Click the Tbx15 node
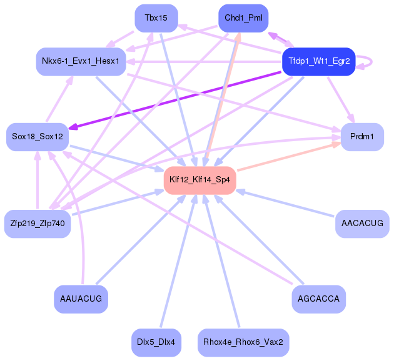pos(156,18)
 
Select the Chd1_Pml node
pos(243,18)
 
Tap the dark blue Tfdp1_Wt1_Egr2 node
pos(318,61)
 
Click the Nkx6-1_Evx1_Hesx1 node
pos(81,61)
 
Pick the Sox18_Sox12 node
pos(38,137)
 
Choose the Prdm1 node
pos(362,137)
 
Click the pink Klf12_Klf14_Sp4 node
pos(200,180)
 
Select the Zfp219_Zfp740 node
pos(38,224)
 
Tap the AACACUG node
pos(362,224)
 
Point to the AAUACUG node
pos(81,299)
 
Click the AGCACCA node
pos(318,299)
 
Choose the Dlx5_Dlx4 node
pos(156,342)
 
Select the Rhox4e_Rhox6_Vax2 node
pos(243,342)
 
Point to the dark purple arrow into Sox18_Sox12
pos(175,101)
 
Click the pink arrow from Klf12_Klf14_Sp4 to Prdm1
pos(289,157)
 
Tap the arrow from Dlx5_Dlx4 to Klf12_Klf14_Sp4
pos(178,261)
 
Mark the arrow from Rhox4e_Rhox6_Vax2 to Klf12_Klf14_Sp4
pos(222,261)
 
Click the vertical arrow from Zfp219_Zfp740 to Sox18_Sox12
pos(38,180)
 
